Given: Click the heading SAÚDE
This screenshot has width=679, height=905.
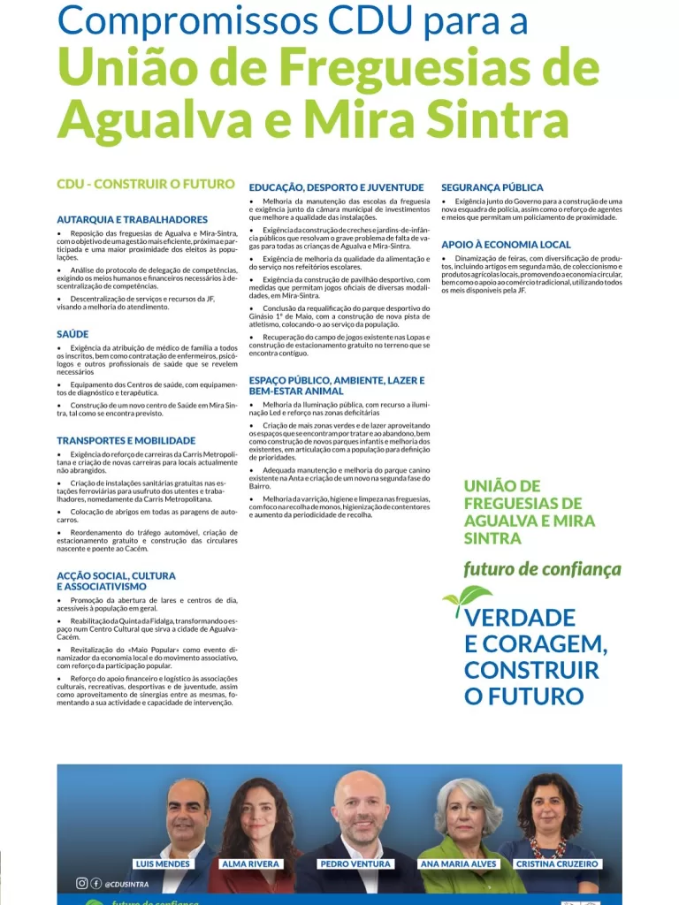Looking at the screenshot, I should [72, 335].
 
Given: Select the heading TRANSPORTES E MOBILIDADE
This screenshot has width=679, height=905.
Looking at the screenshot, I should [126, 440].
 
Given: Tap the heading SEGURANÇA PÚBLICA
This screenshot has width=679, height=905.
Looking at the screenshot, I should [492, 187].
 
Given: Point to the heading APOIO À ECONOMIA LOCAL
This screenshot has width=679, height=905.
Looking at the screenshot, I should [507, 244].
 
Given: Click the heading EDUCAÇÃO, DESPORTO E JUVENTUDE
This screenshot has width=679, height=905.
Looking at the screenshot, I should [337, 187].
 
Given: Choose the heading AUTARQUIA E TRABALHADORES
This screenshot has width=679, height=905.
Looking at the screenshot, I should [133, 219].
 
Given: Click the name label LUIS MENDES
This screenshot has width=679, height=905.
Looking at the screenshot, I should [163, 863].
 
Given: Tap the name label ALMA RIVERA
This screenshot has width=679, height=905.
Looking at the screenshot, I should [250, 863].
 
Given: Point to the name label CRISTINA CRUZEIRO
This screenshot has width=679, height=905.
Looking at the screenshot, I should [558, 863].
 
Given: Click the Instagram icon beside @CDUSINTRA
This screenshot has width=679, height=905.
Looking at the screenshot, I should [81, 883].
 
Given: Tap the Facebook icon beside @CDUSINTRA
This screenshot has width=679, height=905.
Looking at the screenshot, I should [95, 883].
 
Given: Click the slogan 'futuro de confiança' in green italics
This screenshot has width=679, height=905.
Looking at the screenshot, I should [542, 569].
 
